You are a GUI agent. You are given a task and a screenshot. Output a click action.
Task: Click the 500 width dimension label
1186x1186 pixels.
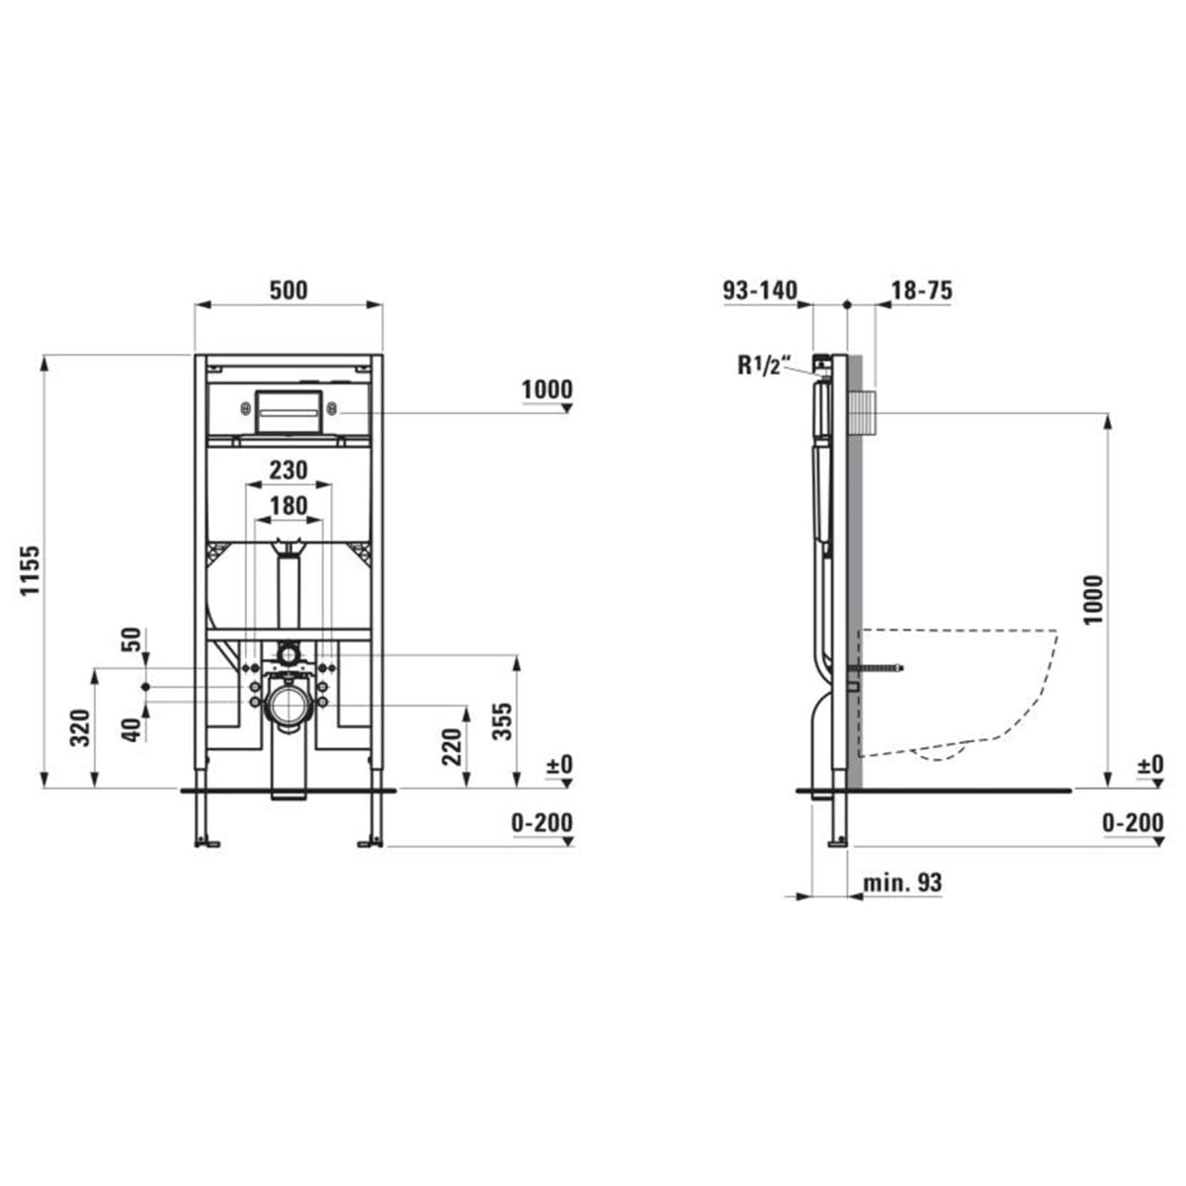pos(288,290)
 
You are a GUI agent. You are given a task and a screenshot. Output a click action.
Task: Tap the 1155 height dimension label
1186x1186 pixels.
pos(31,570)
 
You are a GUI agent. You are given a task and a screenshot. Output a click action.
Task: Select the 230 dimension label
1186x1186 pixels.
pos(288,470)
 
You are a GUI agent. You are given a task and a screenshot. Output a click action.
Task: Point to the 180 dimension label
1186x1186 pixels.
pos(288,506)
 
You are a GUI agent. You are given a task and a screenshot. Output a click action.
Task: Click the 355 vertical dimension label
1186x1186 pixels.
pos(503,720)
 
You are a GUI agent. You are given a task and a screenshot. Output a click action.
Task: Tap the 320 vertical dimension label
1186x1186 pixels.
pos(80,728)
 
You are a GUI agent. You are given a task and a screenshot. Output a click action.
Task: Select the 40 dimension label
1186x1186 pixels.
pos(132,730)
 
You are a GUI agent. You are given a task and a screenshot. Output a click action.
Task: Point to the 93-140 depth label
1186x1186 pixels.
pos(759,290)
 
